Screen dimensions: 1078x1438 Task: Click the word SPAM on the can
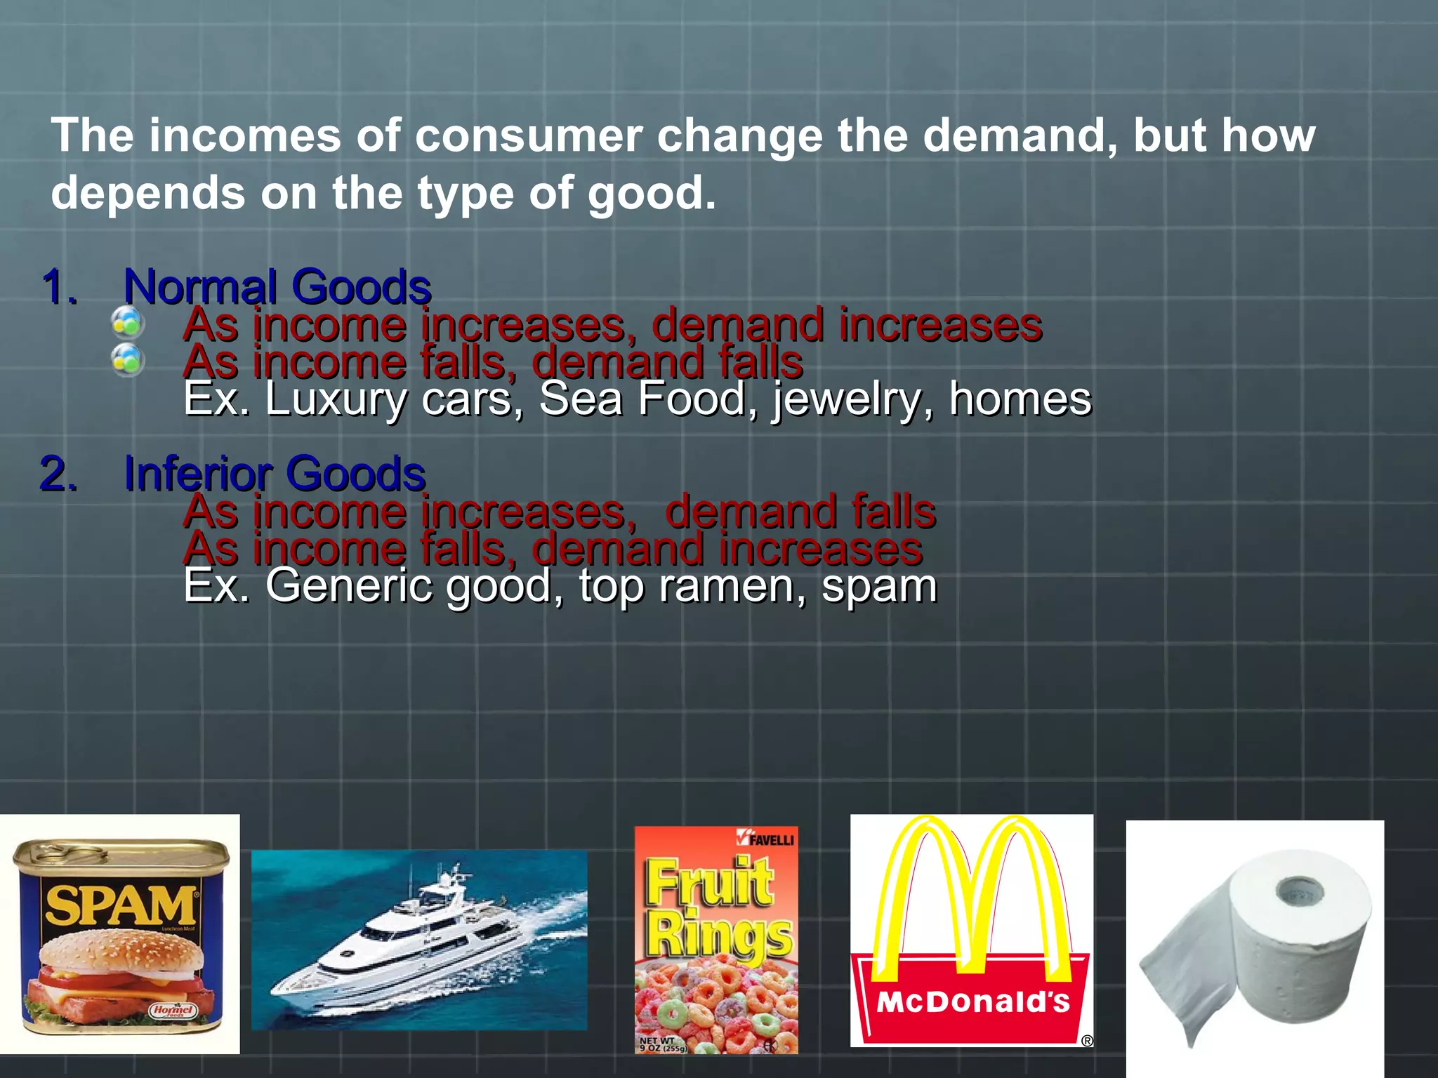click(x=119, y=905)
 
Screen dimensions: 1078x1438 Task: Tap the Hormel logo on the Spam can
click(x=173, y=1011)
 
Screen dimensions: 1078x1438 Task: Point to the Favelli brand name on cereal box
click(x=771, y=839)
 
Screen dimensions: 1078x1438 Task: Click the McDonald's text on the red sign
click(x=973, y=1002)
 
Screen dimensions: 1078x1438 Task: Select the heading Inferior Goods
click(x=275, y=474)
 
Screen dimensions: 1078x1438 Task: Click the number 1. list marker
click(x=59, y=287)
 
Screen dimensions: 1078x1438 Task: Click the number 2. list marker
click(x=59, y=474)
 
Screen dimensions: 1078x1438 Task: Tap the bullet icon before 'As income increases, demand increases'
click(x=128, y=323)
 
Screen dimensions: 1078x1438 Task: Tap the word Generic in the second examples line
click(x=348, y=585)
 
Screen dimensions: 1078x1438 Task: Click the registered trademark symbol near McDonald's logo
click(x=1087, y=1041)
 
